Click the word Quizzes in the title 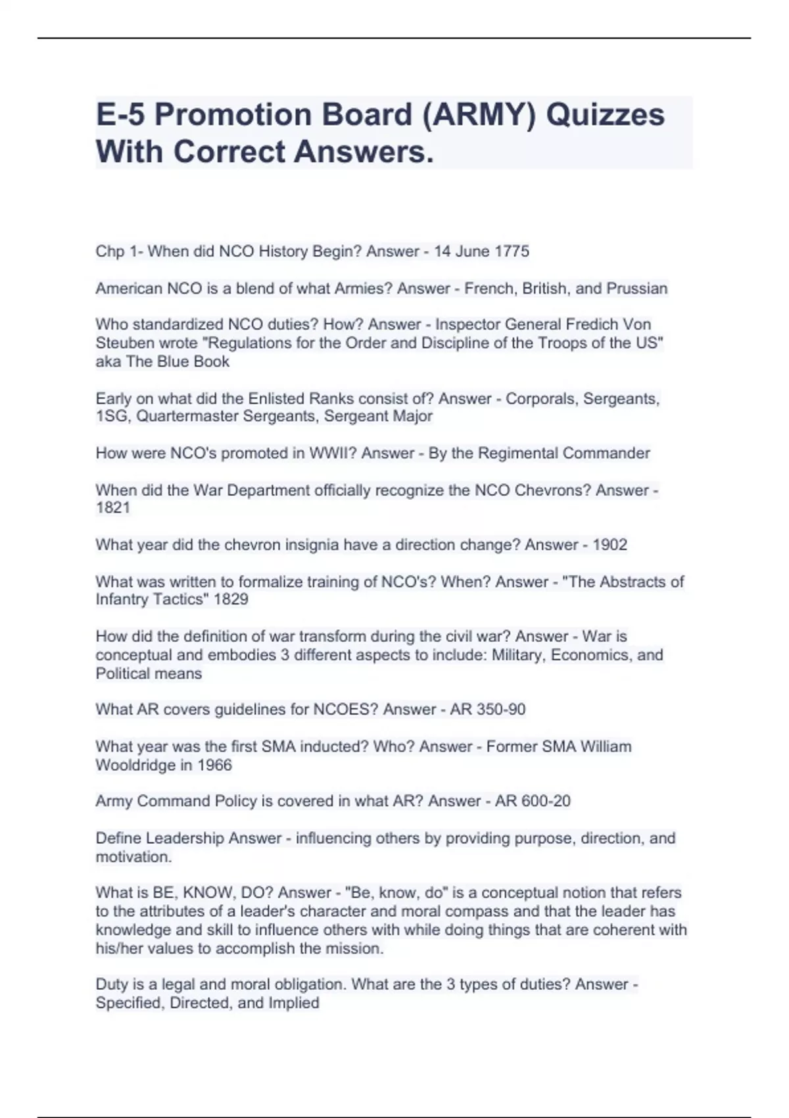click(605, 115)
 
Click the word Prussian click(636, 288)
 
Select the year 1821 click(113, 508)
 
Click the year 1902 click(610, 545)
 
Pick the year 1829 click(231, 599)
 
